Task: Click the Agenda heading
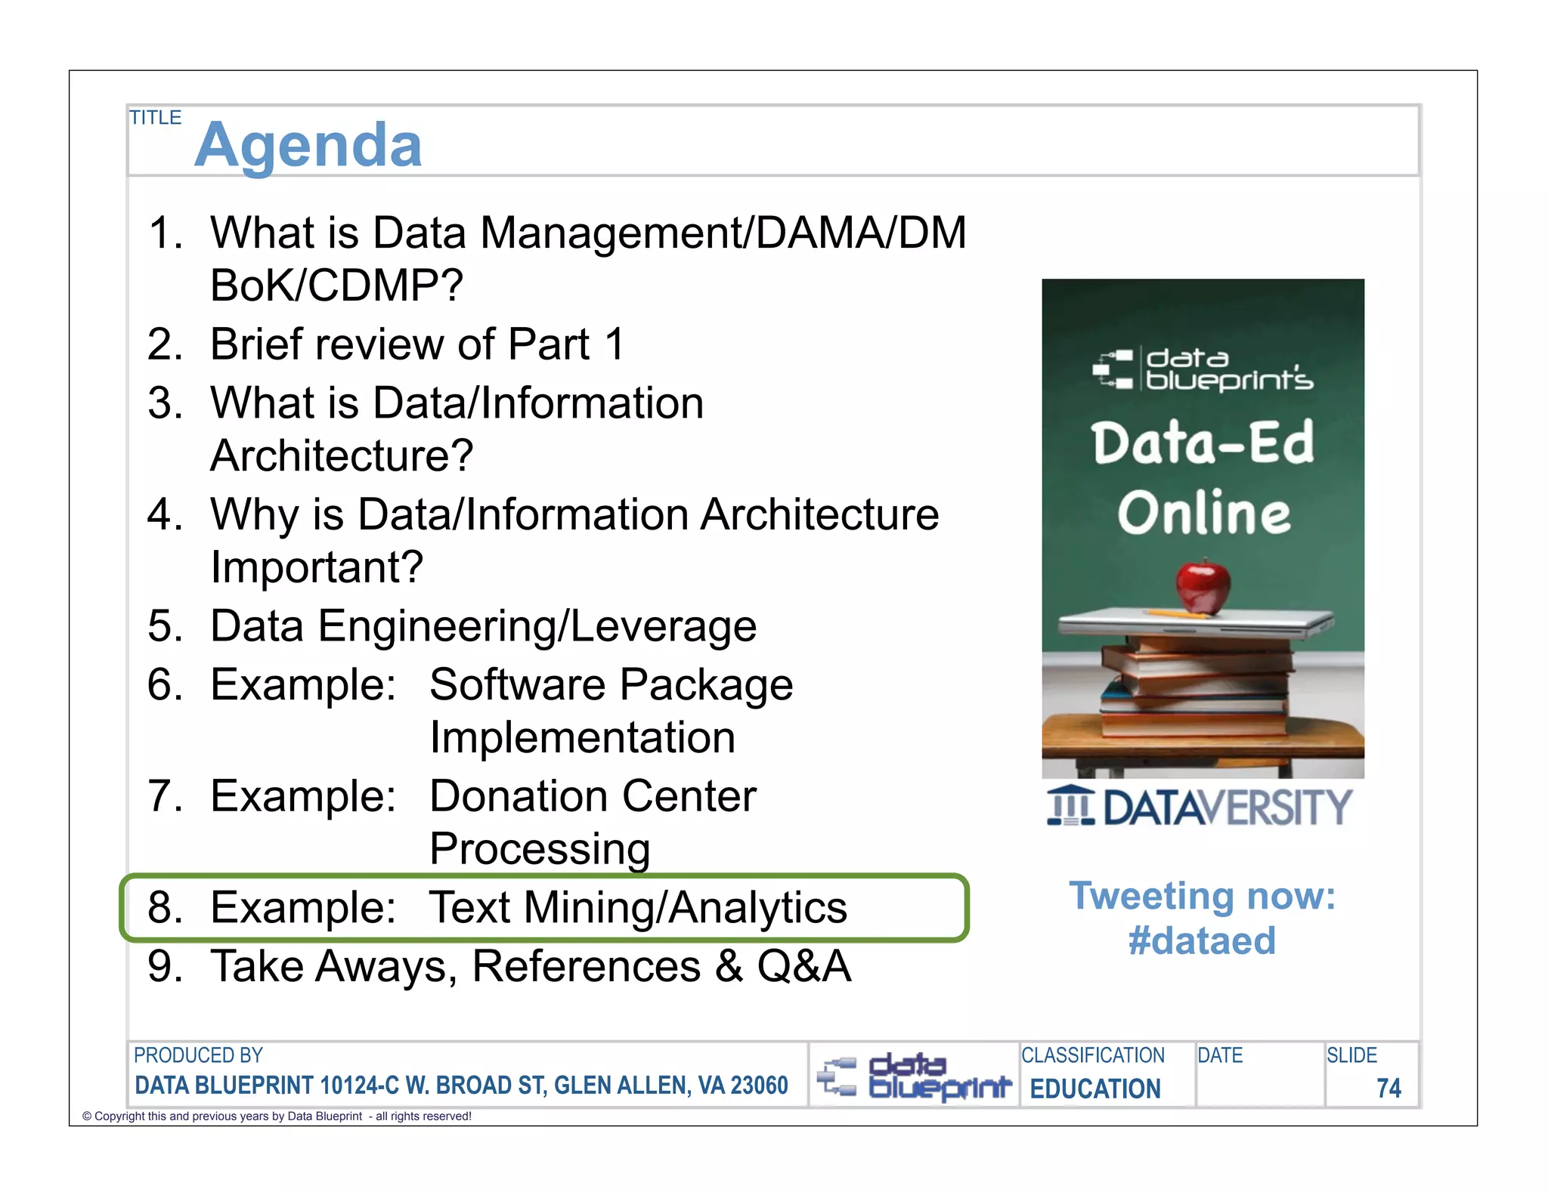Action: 308,145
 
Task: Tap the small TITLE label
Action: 155,118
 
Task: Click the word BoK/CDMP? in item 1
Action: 336,286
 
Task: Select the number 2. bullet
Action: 166,344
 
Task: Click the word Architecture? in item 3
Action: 342,455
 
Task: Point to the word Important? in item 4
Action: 317,567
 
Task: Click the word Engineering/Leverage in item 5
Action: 537,626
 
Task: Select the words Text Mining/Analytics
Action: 637,907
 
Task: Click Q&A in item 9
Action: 803,966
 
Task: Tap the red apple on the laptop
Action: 1203,586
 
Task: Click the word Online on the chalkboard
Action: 1203,513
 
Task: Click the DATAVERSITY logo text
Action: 1226,807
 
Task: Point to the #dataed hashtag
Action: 1202,941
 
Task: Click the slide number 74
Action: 1388,1088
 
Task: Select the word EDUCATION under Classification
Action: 1094,1088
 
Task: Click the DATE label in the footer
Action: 1219,1055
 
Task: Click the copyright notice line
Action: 277,1116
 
